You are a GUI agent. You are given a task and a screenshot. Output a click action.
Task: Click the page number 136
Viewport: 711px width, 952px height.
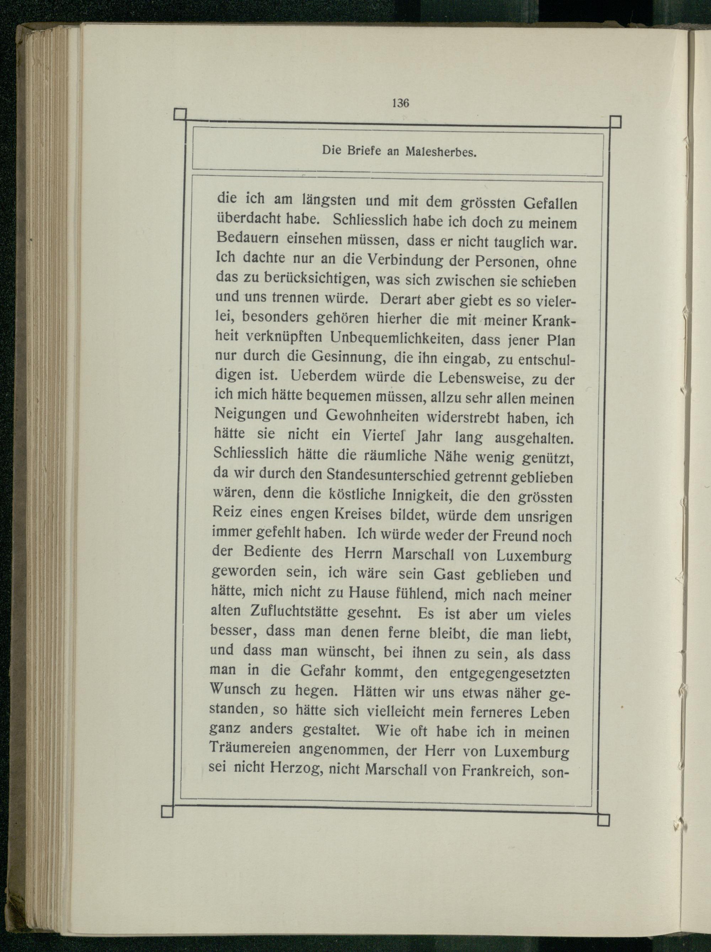click(400, 103)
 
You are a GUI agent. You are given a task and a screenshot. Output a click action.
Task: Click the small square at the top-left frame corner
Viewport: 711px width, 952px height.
click(180, 115)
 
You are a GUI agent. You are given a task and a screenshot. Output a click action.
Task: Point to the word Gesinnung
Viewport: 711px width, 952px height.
click(342, 357)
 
